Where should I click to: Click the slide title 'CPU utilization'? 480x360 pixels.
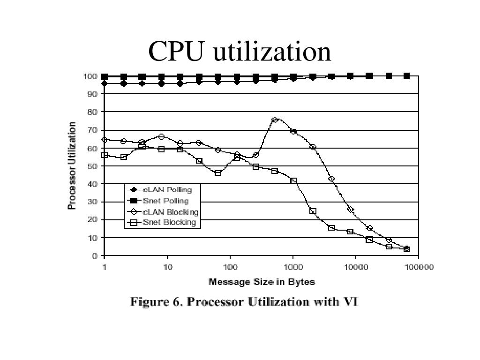coord(240,52)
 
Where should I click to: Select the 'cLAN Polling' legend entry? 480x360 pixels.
coord(162,190)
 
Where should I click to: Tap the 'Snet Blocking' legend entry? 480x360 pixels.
coord(162,223)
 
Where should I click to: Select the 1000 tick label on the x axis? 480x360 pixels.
coord(292,268)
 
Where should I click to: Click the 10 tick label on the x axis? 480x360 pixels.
coord(168,268)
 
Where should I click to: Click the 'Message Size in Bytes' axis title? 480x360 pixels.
coord(262,282)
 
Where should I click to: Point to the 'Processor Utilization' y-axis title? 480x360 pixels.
coord(72,166)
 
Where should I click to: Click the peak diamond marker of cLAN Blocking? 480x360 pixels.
coord(275,120)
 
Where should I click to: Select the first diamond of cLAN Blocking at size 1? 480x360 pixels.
coord(105,140)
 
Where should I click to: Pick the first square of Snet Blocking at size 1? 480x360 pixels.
coord(105,155)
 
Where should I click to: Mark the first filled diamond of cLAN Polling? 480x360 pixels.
coord(105,83)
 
